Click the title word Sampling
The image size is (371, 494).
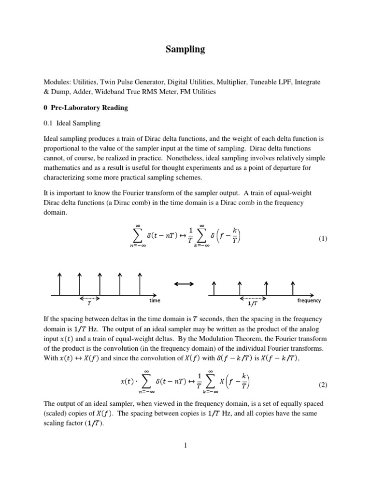click(x=185, y=49)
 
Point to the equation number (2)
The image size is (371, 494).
click(x=323, y=384)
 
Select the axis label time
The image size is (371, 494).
click(x=155, y=300)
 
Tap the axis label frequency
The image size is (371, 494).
click(x=309, y=300)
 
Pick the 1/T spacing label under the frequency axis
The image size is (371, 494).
click(x=252, y=304)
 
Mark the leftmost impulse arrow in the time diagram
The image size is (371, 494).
click(x=59, y=283)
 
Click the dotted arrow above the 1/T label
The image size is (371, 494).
click(x=252, y=298)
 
